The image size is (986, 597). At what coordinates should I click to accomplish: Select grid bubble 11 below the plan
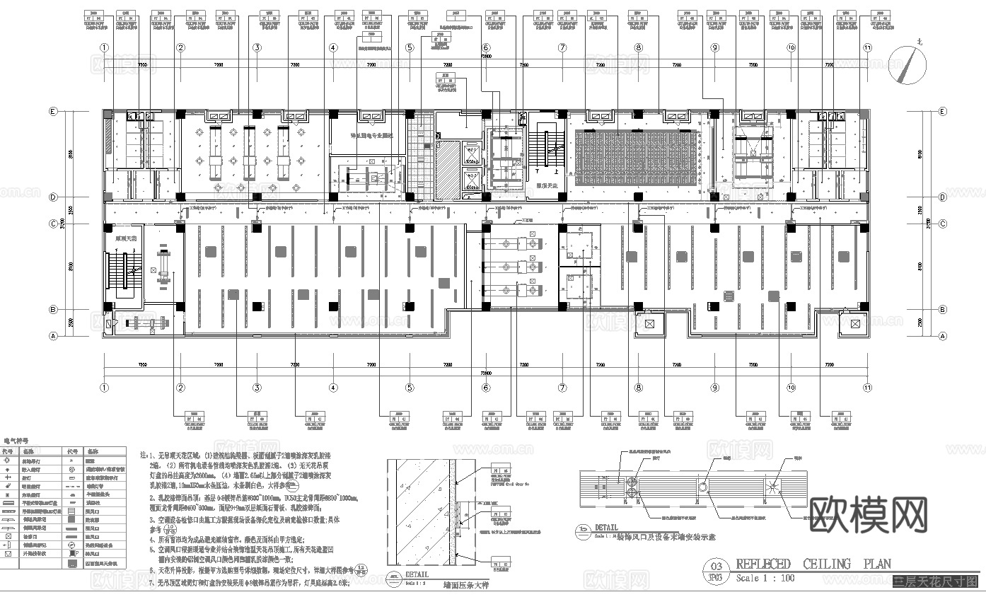click(867, 388)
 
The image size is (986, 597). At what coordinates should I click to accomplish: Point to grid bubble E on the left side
click(52, 112)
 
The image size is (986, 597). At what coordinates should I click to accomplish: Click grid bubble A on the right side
click(943, 336)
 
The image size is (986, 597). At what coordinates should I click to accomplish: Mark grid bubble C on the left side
click(52, 224)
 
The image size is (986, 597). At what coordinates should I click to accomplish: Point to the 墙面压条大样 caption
click(468, 585)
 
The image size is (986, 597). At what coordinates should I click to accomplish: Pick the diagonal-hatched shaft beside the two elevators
click(448, 170)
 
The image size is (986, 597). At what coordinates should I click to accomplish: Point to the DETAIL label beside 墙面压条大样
click(417, 574)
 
